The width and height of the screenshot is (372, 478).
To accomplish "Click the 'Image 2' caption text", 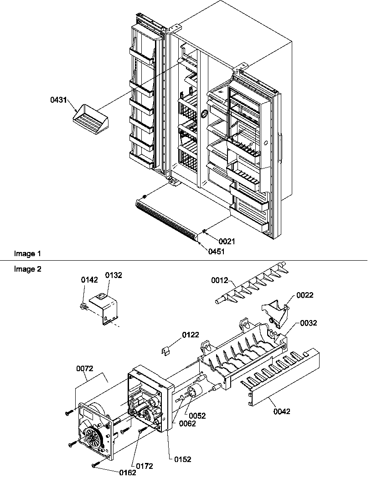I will (x=27, y=269).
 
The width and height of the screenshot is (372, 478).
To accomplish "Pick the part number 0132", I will (x=114, y=275).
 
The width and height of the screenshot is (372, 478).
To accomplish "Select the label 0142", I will (x=89, y=281).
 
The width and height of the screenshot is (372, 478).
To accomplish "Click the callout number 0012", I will (x=220, y=281).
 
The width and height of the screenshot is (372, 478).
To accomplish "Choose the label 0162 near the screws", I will (x=127, y=473).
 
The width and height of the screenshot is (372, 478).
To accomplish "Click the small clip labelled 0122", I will (x=169, y=350).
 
